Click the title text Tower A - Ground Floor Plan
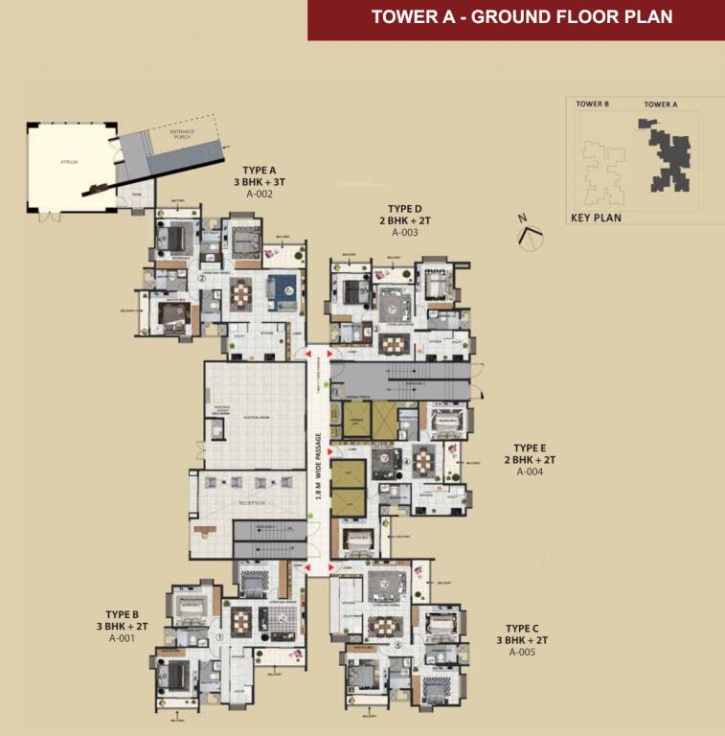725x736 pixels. [x=521, y=17]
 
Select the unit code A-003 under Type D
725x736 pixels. [x=404, y=232]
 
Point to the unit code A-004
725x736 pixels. [x=530, y=471]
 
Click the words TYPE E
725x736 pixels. [x=530, y=448]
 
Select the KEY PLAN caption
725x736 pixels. [x=596, y=218]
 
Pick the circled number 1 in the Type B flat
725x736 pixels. [x=218, y=635]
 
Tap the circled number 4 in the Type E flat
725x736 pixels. [x=406, y=461]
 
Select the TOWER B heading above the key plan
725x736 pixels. [x=593, y=103]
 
